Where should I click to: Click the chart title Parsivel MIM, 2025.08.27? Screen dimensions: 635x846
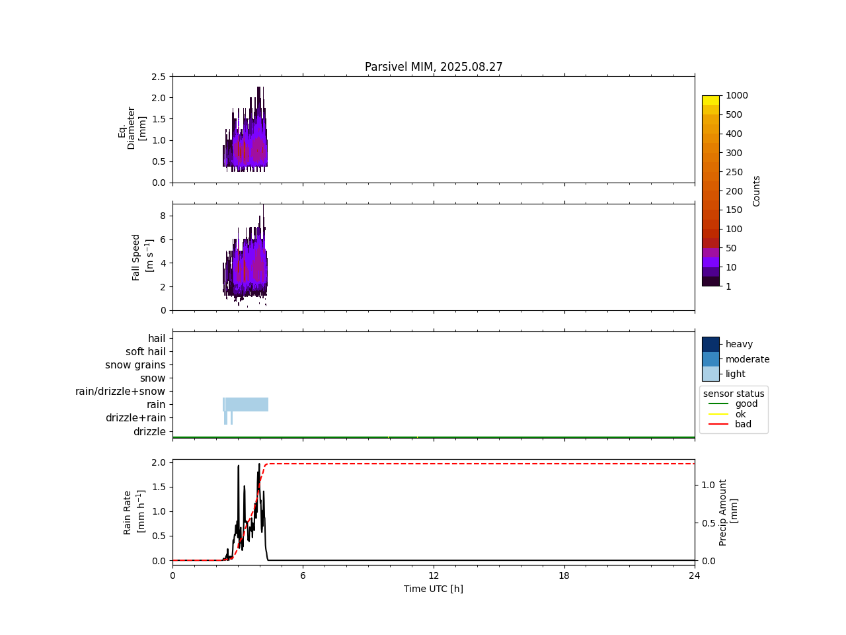coord(434,67)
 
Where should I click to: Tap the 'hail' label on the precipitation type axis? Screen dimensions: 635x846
coord(157,339)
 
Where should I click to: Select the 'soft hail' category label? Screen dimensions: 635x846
coord(145,352)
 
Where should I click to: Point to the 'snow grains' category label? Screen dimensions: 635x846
coord(135,365)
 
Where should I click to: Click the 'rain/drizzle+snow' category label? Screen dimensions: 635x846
coord(120,392)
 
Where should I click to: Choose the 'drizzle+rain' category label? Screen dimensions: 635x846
coord(135,418)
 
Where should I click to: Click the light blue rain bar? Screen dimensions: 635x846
coord(247,404)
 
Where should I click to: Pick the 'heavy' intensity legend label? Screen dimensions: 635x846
coord(739,344)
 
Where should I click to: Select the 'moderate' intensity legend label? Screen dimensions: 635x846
coord(748,359)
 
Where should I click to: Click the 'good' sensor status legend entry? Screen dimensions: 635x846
coord(746,403)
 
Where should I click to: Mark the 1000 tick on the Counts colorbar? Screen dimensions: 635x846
coord(737,96)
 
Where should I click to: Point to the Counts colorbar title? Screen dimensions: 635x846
coord(757,190)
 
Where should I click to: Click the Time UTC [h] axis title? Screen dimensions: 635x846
coord(434,589)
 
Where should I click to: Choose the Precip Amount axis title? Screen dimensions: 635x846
coord(728,512)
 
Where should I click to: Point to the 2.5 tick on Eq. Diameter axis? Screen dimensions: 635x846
coord(159,77)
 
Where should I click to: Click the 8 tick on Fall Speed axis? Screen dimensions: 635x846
coord(163,216)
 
